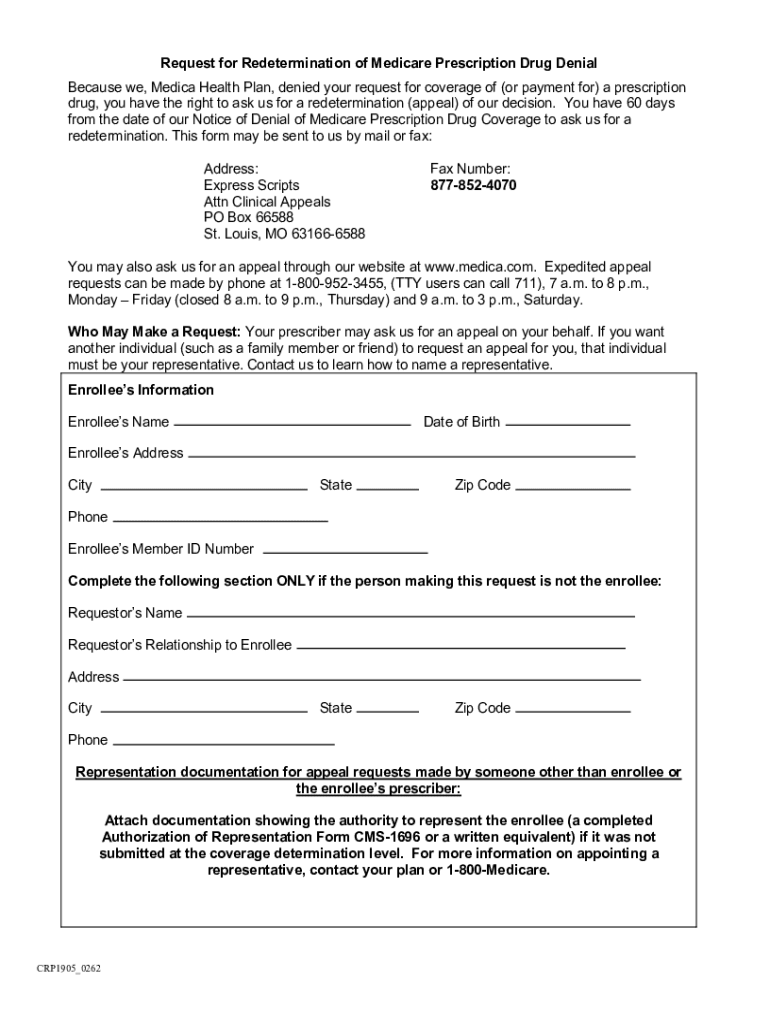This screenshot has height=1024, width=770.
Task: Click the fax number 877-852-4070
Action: pyautogui.click(x=473, y=186)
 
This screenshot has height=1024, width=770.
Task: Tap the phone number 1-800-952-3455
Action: pyautogui.click(x=327, y=283)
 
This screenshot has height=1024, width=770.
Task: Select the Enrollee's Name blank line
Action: pyautogui.click(x=293, y=424)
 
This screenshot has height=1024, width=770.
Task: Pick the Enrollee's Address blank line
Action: pyautogui.click(x=411, y=455)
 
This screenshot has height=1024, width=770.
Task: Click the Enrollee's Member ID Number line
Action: pyautogui.click(x=344, y=551)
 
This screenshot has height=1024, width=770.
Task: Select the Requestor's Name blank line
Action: pyautogui.click(x=411, y=615)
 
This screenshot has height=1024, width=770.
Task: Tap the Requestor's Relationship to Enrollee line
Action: pyautogui.click(x=461, y=647)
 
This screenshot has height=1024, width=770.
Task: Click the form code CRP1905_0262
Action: pyautogui.click(x=68, y=969)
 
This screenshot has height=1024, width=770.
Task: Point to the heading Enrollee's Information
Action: pyautogui.click(x=141, y=390)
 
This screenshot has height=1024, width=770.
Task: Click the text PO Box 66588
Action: pyautogui.click(x=249, y=218)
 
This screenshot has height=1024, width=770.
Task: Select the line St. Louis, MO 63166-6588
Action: pyautogui.click(x=284, y=234)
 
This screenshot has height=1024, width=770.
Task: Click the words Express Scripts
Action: pyautogui.click(x=251, y=186)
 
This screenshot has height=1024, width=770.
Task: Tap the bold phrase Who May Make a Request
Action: pyautogui.click(x=153, y=332)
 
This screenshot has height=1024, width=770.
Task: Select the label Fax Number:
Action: pyautogui.click(x=470, y=170)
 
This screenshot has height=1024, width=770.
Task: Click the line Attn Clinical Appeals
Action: pyautogui.click(x=267, y=202)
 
